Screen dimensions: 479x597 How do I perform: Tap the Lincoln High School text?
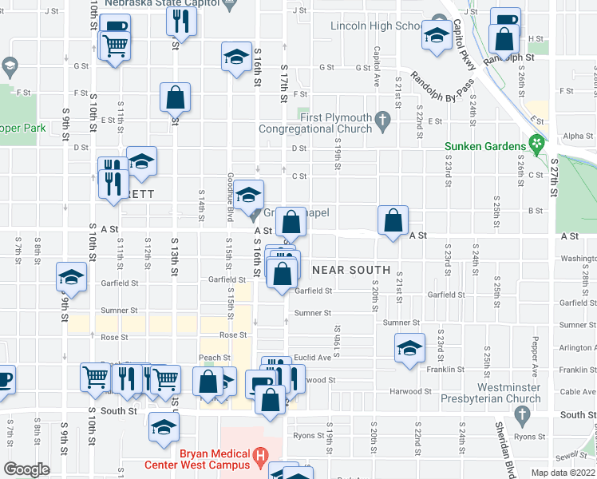[376, 26]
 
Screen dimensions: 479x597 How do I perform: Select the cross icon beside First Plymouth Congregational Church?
[382, 122]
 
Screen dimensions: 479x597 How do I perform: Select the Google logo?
[27, 469]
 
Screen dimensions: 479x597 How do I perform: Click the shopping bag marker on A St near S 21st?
[393, 220]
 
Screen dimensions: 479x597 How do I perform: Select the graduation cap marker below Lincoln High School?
[437, 36]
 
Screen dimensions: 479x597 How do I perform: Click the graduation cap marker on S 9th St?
[71, 276]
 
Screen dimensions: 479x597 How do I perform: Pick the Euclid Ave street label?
[307, 358]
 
